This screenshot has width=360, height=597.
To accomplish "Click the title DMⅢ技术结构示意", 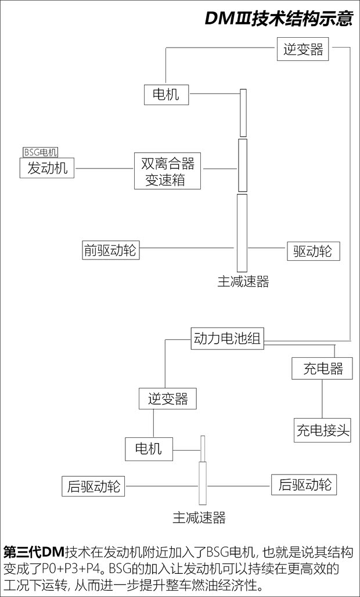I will point(279,19).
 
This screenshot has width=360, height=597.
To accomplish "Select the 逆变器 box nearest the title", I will point(303,49).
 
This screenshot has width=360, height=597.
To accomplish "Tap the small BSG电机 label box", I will point(40,152).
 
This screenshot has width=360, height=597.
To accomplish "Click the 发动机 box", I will point(47,168).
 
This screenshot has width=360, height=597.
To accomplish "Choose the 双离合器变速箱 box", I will point(167,171).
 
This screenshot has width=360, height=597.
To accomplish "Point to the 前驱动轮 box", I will point(110,250).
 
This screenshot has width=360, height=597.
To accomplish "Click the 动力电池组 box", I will point(227,339).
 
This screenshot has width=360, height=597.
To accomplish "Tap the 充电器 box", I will point(322,369).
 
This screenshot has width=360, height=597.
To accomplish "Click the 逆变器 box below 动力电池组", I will point(167,399).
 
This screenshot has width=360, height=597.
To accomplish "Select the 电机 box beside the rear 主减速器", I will point(149,449).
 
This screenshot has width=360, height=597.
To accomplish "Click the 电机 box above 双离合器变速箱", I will point(166,94).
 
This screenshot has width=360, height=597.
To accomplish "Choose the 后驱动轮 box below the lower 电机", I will point(93,486).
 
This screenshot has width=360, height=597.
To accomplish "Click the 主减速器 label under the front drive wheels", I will point(243,282).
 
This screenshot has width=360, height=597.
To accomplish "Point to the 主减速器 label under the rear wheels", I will point(199,517).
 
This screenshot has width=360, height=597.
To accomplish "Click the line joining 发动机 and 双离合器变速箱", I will point(104,169).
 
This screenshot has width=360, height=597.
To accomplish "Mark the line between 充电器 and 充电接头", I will point(322,400).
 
